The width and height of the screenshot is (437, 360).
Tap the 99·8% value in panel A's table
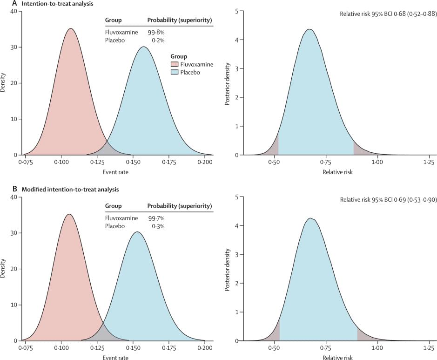(x=156, y=33)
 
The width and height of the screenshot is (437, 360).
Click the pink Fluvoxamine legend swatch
(x=175, y=64)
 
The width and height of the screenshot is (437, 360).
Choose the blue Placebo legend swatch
(x=175, y=72)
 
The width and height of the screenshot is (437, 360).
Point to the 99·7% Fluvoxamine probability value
(x=156, y=218)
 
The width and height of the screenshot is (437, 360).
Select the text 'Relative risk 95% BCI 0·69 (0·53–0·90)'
(x=387, y=200)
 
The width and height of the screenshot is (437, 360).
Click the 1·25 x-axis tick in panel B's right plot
(x=429, y=348)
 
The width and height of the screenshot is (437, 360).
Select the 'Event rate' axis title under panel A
(x=116, y=172)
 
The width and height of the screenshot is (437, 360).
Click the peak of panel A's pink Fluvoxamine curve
(x=70, y=28)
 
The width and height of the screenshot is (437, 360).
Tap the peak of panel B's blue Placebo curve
(x=137, y=232)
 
